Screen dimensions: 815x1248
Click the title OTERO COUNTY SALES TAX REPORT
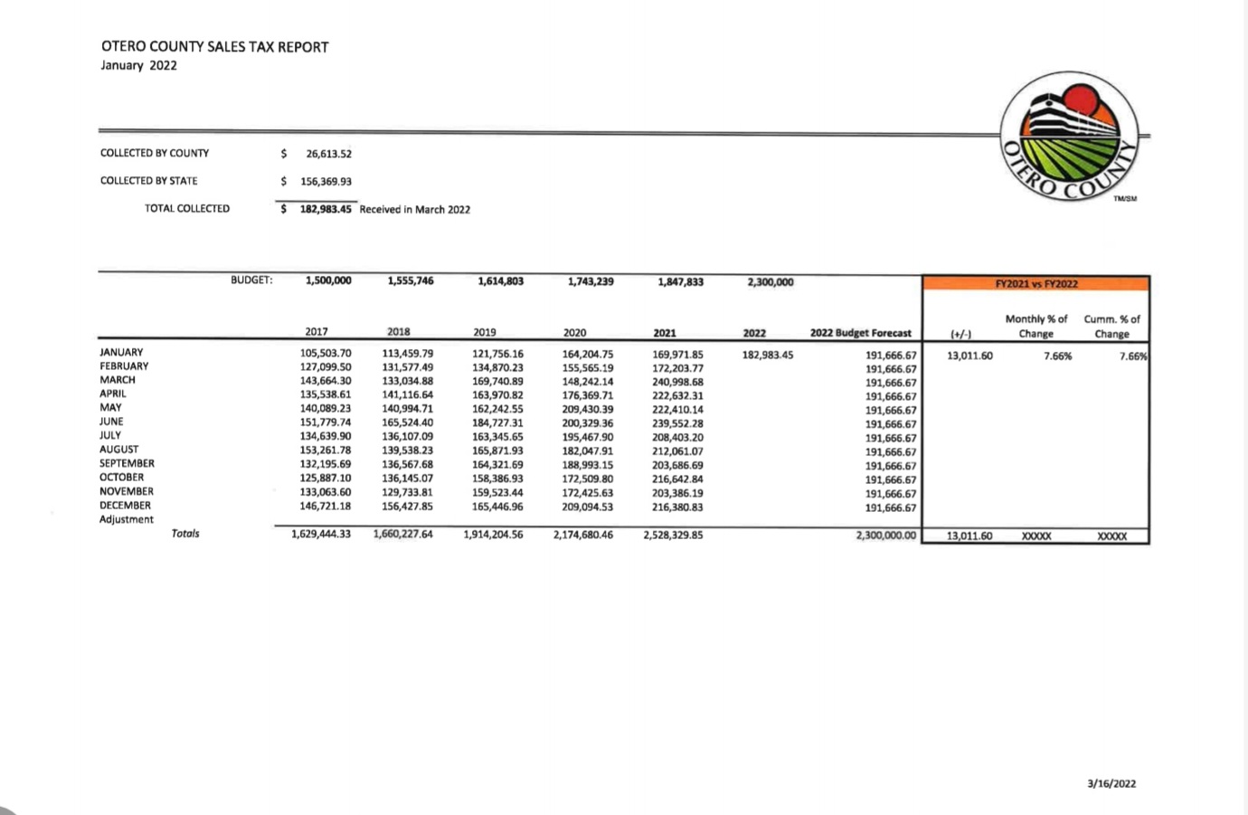click(214, 47)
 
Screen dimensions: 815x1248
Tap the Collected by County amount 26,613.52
click(328, 154)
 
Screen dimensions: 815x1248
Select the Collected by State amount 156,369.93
click(326, 181)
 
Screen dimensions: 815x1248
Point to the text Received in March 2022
click(414, 210)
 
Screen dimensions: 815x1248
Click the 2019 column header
click(484, 332)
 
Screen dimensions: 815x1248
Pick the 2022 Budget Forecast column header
click(860, 333)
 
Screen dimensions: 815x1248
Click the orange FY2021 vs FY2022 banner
click(1035, 283)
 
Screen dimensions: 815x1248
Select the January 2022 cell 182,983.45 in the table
click(767, 355)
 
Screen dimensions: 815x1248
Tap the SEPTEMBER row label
click(127, 463)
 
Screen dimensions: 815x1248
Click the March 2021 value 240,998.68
click(677, 382)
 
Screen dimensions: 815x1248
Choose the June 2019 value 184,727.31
click(497, 423)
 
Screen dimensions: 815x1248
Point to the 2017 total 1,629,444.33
click(320, 535)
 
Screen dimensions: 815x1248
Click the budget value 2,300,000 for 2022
click(771, 282)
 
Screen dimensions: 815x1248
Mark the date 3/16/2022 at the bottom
click(1111, 783)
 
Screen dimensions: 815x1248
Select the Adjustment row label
click(127, 519)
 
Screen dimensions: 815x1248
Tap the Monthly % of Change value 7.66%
click(1057, 356)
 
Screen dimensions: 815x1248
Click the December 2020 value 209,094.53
click(587, 507)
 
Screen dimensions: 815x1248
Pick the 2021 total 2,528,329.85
click(673, 535)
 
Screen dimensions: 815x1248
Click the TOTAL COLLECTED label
click(187, 209)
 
